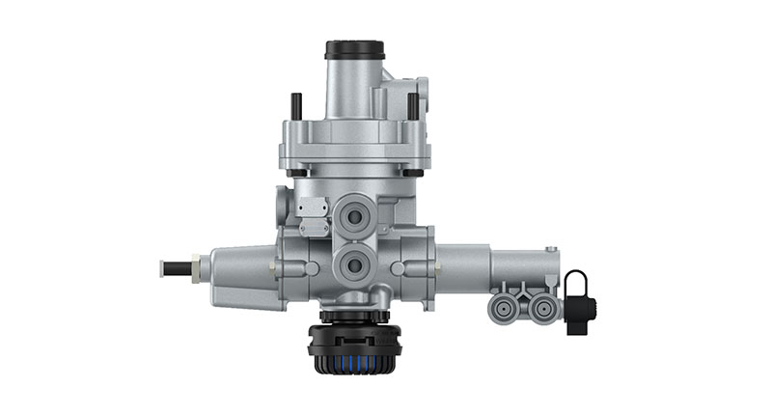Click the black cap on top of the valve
(x=354, y=49)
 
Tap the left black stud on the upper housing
(x=296, y=105)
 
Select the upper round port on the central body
(x=355, y=217)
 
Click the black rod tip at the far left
(x=175, y=266)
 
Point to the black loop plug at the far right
(x=577, y=299)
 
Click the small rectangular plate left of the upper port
(x=311, y=208)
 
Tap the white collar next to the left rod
(x=196, y=266)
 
